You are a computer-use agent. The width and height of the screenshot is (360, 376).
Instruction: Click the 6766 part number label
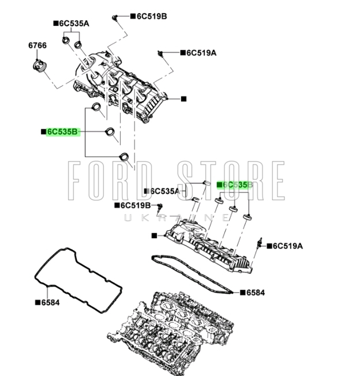click(37, 46)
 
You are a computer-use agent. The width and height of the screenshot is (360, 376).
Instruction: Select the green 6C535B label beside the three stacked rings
click(61, 132)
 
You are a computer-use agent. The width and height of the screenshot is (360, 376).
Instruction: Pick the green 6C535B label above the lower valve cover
click(235, 185)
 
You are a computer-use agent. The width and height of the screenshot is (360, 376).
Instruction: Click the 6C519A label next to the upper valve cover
click(200, 53)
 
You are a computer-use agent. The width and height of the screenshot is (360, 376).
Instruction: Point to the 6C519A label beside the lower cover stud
click(287, 246)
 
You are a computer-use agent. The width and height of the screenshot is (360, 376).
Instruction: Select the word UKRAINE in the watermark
click(179, 217)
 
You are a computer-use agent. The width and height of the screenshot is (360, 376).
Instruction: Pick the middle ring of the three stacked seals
click(109, 133)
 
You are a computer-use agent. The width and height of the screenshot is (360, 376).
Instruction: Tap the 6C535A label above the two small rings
click(73, 24)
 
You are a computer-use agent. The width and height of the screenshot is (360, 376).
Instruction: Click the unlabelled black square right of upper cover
click(183, 99)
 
